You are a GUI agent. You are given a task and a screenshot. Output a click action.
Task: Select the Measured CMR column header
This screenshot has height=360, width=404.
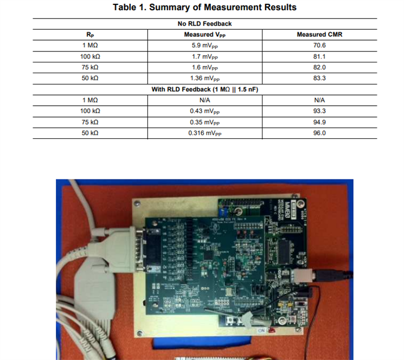click(x=319, y=35)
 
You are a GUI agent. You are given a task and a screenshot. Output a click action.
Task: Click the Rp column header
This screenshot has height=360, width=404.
click(x=90, y=35)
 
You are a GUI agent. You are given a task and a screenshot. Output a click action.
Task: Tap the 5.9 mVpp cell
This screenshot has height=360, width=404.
click(x=204, y=46)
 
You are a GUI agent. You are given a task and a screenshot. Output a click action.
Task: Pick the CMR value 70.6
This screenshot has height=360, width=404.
click(x=319, y=46)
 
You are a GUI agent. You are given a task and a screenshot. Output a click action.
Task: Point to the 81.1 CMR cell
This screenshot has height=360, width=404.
click(x=319, y=56)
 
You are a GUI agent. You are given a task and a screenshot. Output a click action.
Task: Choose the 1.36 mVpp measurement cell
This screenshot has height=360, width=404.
click(x=204, y=78)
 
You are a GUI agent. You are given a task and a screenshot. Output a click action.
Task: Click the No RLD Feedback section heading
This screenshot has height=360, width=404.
click(x=204, y=24)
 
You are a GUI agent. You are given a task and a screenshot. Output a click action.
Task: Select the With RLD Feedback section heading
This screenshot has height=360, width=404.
click(x=204, y=89)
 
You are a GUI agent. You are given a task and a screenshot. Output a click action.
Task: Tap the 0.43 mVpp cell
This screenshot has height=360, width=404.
click(x=204, y=111)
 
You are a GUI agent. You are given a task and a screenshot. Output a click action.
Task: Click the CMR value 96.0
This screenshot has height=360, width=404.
click(x=319, y=133)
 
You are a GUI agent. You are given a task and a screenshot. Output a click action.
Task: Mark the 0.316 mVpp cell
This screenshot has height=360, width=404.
click(x=204, y=133)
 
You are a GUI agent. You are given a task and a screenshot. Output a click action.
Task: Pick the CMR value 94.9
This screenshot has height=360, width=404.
click(x=319, y=122)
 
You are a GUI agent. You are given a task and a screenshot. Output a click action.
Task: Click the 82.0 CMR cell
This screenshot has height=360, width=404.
click(x=319, y=67)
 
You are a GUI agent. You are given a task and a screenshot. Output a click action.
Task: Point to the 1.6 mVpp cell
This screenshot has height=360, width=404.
click(x=204, y=67)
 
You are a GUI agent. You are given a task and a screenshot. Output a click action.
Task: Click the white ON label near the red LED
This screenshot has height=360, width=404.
click(x=262, y=329)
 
